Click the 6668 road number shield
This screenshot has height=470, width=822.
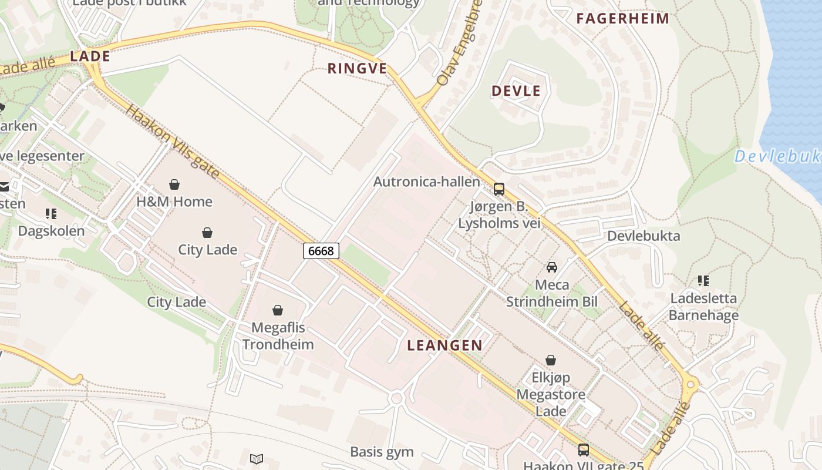coord(321,251)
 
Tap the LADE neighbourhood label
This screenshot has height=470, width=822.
coord(90,56)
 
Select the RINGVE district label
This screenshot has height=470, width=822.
coord(357,69)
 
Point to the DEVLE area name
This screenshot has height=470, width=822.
coord(516,91)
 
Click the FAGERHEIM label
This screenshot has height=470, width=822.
coord(622,18)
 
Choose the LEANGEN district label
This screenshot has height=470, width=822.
coord(444,345)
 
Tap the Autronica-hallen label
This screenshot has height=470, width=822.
coord(427,182)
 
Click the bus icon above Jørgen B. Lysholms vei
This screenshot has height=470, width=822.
coord(498,189)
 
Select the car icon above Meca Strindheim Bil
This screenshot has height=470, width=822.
coord(551,267)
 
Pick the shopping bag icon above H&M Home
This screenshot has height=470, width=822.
coord(174,184)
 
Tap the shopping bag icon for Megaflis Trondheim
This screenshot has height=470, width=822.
coord(278,310)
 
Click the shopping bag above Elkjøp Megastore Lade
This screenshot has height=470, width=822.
coord(551,360)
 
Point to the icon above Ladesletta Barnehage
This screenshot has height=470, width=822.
coord(703,281)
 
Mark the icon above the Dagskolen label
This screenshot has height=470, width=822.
coord(51,213)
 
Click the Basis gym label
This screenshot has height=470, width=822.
coord(382,452)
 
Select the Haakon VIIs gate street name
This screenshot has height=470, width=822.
coord(172,142)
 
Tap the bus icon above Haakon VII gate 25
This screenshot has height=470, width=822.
coord(583,450)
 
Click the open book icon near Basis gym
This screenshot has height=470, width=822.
coord(257,459)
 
